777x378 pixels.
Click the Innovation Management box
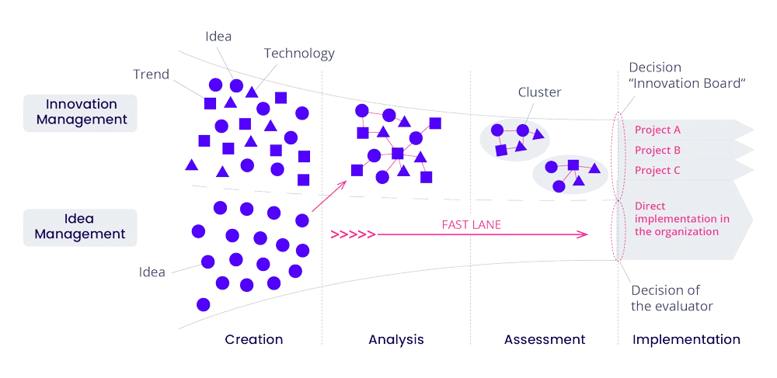pos(81,112)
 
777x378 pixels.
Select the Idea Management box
pos(81,226)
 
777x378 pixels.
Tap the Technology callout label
pos(299,54)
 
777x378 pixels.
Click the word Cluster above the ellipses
pos(538,92)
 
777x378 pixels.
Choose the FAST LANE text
pos(472,224)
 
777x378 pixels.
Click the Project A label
pos(657,130)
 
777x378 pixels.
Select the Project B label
pos(657,150)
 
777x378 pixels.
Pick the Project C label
pos(657,170)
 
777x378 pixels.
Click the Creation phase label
pos(254,339)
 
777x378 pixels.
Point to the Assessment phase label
pos(544,339)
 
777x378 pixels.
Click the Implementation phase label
pos(685,339)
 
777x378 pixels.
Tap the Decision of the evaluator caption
pos(672,298)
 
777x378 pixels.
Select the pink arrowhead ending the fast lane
pos(584,234)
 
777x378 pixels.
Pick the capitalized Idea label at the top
pos(218,36)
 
